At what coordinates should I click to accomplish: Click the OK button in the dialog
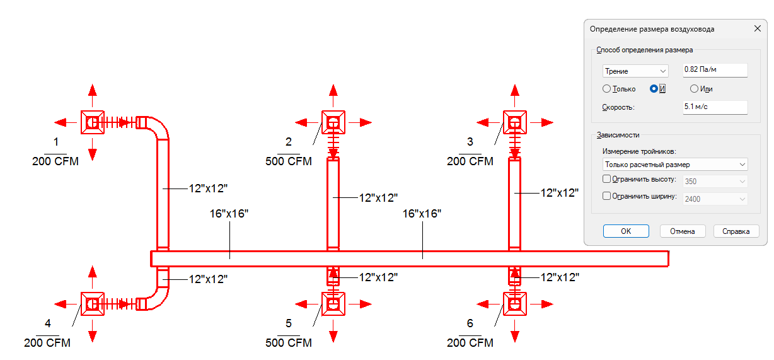pyautogui.click(x=626, y=231)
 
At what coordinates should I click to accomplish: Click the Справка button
pyautogui.click(x=736, y=231)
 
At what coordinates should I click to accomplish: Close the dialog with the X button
pyautogui.click(x=757, y=29)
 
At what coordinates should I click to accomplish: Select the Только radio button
pyautogui.click(x=607, y=89)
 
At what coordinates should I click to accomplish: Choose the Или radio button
pyautogui.click(x=694, y=89)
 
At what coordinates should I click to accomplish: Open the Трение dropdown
pyautogui.click(x=635, y=71)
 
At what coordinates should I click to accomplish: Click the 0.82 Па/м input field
pyautogui.click(x=715, y=71)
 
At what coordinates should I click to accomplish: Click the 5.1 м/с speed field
pyautogui.click(x=715, y=107)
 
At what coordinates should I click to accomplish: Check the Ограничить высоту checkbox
pyautogui.click(x=607, y=180)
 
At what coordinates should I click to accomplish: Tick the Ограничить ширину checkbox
pyautogui.click(x=607, y=196)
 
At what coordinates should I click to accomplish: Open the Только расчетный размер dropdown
pyautogui.click(x=674, y=165)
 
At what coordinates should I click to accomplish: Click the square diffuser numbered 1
pyautogui.click(x=92, y=122)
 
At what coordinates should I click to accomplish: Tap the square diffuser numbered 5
pyautogui.click(x=333, y=304)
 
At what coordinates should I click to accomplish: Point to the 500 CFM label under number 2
pyautogui.click(x=289, y=161)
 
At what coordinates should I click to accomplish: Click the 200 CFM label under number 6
pyautogui.click(x=470, y=343)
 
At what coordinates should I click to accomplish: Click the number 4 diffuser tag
pyautogui.click(x=48, y=323)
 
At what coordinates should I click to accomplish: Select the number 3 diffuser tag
pyautogui.click(x=470, y=141)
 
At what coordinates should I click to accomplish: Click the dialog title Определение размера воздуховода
pyautogui.click(x=652, y=29)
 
